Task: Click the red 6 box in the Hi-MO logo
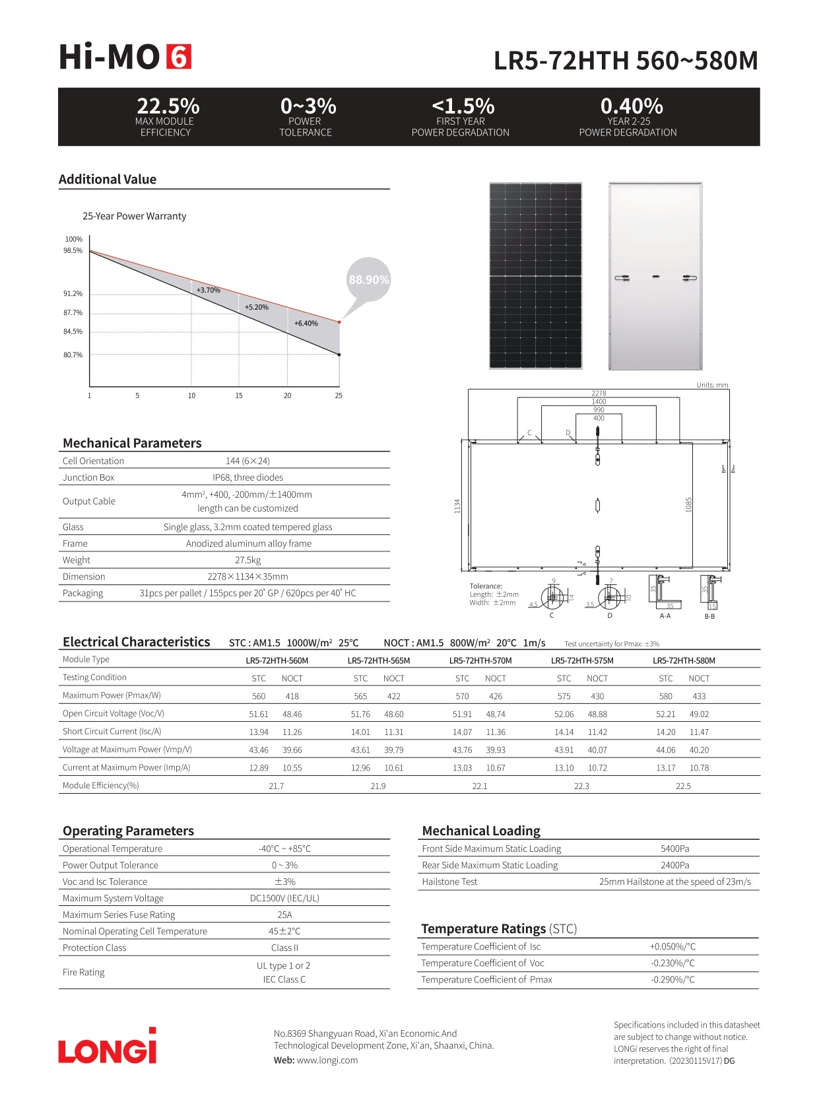coord(178,57)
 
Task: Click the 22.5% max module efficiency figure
coord(168,106)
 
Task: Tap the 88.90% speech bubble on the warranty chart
coord(368,279)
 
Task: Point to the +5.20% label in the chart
coord(257,307)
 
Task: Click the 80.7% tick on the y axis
coord(73,355)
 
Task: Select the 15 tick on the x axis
coord(239,396)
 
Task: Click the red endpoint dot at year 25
coord(339,322)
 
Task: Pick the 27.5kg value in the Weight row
coord(248,560)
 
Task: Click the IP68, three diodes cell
coord(248,477)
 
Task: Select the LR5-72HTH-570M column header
coord(480,660)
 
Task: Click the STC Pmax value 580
coord(665,696)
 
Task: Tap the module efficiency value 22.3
coord(581,786)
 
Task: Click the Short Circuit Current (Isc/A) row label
coord(112,732)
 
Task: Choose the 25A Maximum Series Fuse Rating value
coord(284,915)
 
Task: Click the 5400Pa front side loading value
coord(674,849)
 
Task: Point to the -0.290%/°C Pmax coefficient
coord(672,979)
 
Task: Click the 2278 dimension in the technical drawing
coord(599,393)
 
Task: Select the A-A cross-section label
coord(665,616)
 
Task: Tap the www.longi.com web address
coord(327,1060)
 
